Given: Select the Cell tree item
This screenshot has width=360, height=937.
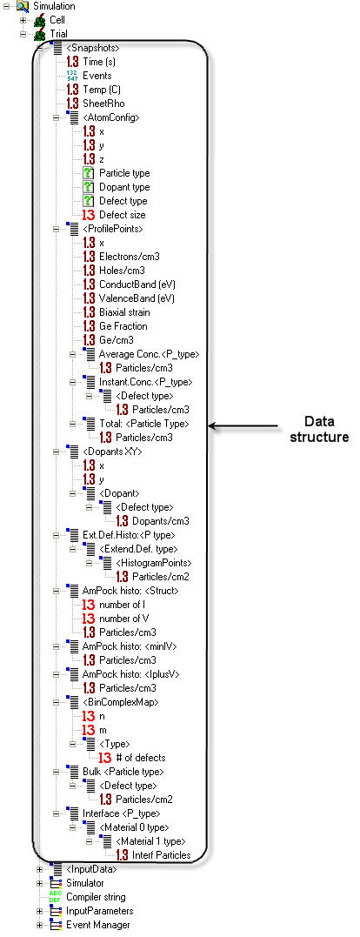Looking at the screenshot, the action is [x=57, y=20].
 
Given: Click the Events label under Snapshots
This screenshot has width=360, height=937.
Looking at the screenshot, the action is [x=97, y=76].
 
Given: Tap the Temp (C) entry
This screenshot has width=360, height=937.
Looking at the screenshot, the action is [x=102, y=90].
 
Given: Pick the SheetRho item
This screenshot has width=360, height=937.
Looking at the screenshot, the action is [x=103, y=104].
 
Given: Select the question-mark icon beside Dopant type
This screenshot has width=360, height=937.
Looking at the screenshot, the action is [x=90, y=187].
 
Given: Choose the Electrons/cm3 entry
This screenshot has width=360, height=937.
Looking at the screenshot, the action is [x=129, y=257].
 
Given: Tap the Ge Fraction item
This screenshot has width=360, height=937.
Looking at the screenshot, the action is [x=123, y=326].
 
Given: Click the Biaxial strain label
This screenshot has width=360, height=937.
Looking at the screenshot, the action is [x=124, y=312].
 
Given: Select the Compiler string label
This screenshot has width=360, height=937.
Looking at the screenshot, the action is [x=96, y=897].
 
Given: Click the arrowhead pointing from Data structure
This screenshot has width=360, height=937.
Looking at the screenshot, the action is [x=211, y=426].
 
